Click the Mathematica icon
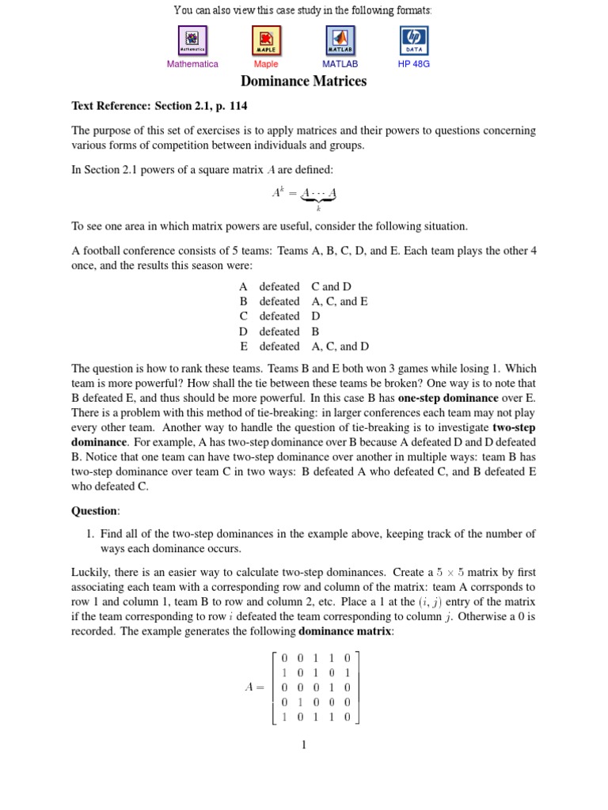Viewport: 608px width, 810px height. (x=192, y=40)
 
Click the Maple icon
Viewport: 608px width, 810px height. (x=266, y=40)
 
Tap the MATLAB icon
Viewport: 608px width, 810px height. (x=340, y=40)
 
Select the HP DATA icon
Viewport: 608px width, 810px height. (x=414, y=40)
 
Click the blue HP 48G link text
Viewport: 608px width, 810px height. (x=414, y=64)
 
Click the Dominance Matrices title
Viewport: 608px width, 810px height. (x=303, y=81)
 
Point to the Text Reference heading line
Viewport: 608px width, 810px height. (x=164, y=105)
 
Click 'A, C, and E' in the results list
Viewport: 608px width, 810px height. (x=340, y=301)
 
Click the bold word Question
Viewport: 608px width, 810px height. (x=95, y=511)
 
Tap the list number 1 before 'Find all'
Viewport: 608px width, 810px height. (x=89, y=534)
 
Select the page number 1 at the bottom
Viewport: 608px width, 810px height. (x=303, y=744)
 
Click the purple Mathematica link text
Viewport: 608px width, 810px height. (x=192, y=64)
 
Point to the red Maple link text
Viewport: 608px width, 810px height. (x=266, y=64)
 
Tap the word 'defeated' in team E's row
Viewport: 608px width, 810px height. (x=279, y=346)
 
